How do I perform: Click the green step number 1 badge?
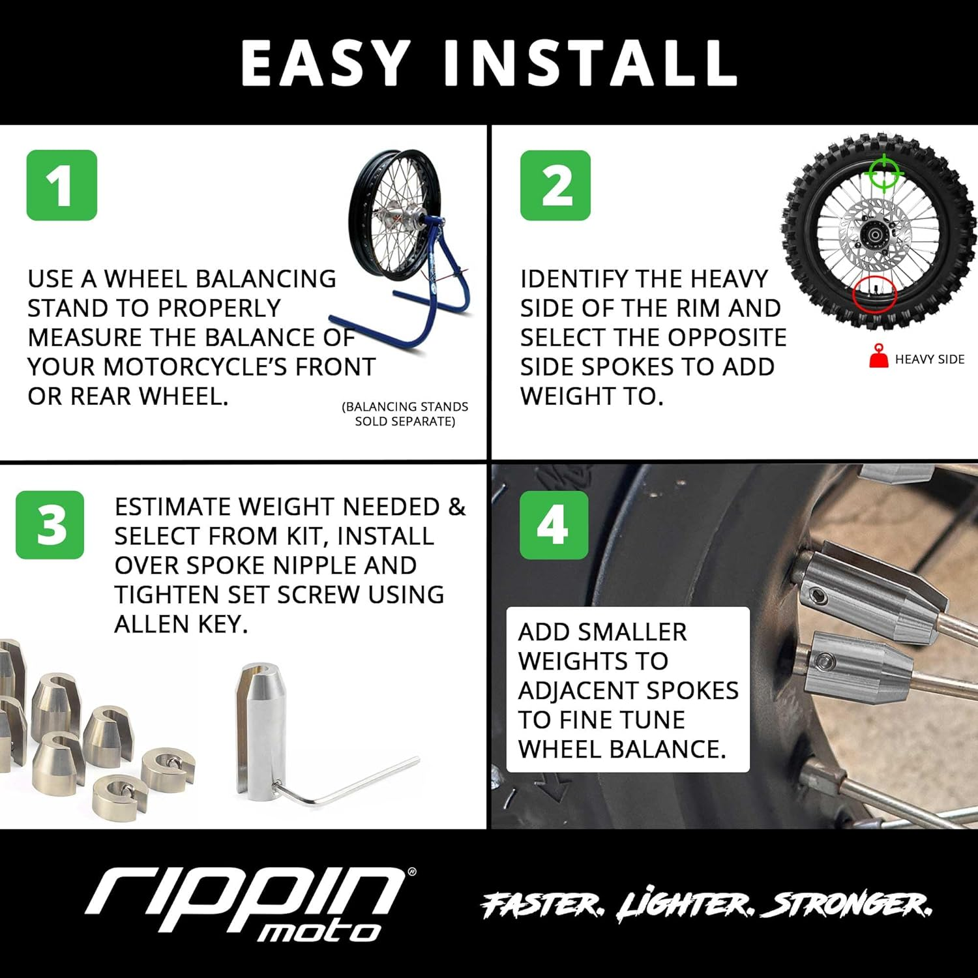coord(61,185)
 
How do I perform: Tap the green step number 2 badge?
coord(555,185)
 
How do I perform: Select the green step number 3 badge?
coord(50,525)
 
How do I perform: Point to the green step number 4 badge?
coord(554,525)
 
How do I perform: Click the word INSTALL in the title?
coord(591,63)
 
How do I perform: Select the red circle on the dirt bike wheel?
coord(874,294)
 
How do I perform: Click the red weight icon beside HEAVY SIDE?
coord(879,357)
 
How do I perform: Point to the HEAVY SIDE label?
coord(929,359)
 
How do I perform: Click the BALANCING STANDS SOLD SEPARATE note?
coord(405,414)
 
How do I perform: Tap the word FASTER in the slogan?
coord(542,904)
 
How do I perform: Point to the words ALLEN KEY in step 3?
coord(181,624)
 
